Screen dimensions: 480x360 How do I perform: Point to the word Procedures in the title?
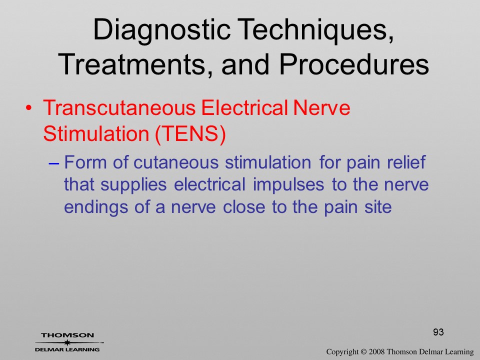click(354, 65)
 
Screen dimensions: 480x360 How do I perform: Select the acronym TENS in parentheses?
click(190, 134)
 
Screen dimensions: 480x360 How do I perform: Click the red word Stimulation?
click(96, 134)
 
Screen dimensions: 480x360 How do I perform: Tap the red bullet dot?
click(28, 108)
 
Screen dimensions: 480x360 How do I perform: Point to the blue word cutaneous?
click(176, 162)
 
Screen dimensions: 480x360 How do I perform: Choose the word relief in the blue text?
click(406, 161)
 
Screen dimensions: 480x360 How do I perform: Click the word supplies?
click(133, 185)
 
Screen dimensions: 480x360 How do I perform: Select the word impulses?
click(288, 185)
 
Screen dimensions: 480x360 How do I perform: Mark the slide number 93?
click(438, 332)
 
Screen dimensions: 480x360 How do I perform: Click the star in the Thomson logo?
click(66, 342)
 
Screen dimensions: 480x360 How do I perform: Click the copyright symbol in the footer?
click(363, 352)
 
